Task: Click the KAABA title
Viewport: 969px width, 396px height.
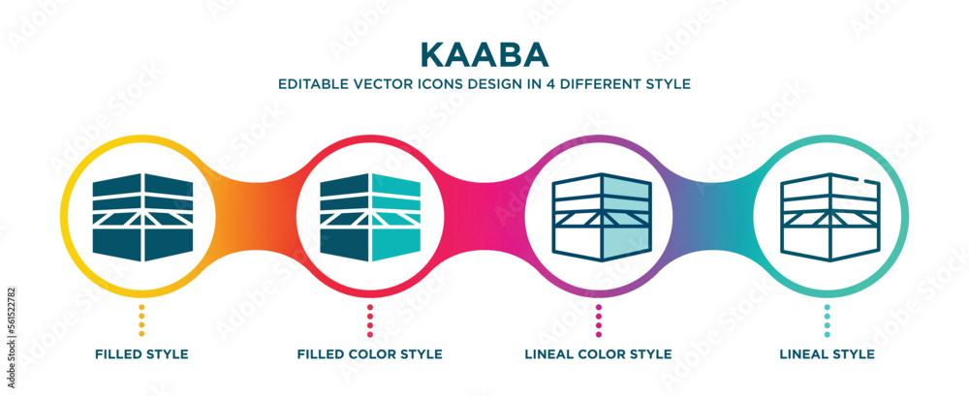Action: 484,51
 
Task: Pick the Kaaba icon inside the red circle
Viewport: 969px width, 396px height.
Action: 369,218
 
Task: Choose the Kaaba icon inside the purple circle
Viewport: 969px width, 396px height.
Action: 599,218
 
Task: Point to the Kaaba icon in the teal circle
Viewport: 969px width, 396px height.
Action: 827,218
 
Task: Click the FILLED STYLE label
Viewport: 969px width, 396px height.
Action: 141,354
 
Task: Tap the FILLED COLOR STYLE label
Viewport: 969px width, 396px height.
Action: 369,354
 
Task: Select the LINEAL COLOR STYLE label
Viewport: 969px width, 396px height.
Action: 598,354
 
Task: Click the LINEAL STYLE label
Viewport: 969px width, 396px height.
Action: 827,354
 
